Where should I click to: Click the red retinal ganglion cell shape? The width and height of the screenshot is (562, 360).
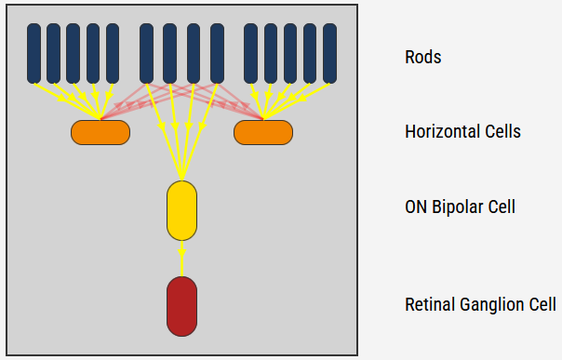tap(181, 306)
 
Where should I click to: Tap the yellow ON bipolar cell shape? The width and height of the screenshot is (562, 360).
tap(181, 211)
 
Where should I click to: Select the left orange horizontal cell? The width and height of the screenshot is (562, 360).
tap(100, 132)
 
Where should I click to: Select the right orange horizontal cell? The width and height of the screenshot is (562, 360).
tap(263, 132)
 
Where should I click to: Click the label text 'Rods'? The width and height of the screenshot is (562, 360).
tap(422, 57)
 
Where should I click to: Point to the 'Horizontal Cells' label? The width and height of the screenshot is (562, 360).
tap(462, 131)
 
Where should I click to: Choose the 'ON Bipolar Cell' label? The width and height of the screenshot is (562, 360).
tap(460, 206)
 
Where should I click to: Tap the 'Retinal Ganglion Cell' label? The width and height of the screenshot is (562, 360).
tap(480, 304)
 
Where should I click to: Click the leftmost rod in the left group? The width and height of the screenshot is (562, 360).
tap(33, 53)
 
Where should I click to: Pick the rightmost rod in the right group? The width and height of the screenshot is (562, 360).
tap(330, 53)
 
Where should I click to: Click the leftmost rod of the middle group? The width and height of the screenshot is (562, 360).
tap(146, 53)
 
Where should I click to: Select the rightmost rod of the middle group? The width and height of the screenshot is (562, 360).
tap(217, 53)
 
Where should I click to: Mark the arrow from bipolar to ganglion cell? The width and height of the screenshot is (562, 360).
tap(181, 257)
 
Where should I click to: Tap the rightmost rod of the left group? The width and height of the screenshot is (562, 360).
tap(113, 53)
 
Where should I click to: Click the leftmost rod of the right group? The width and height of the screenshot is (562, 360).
tap(250, 53)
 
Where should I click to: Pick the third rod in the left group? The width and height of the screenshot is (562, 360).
tap(73, 53)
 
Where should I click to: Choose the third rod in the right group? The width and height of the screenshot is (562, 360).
tap(290, 53)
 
